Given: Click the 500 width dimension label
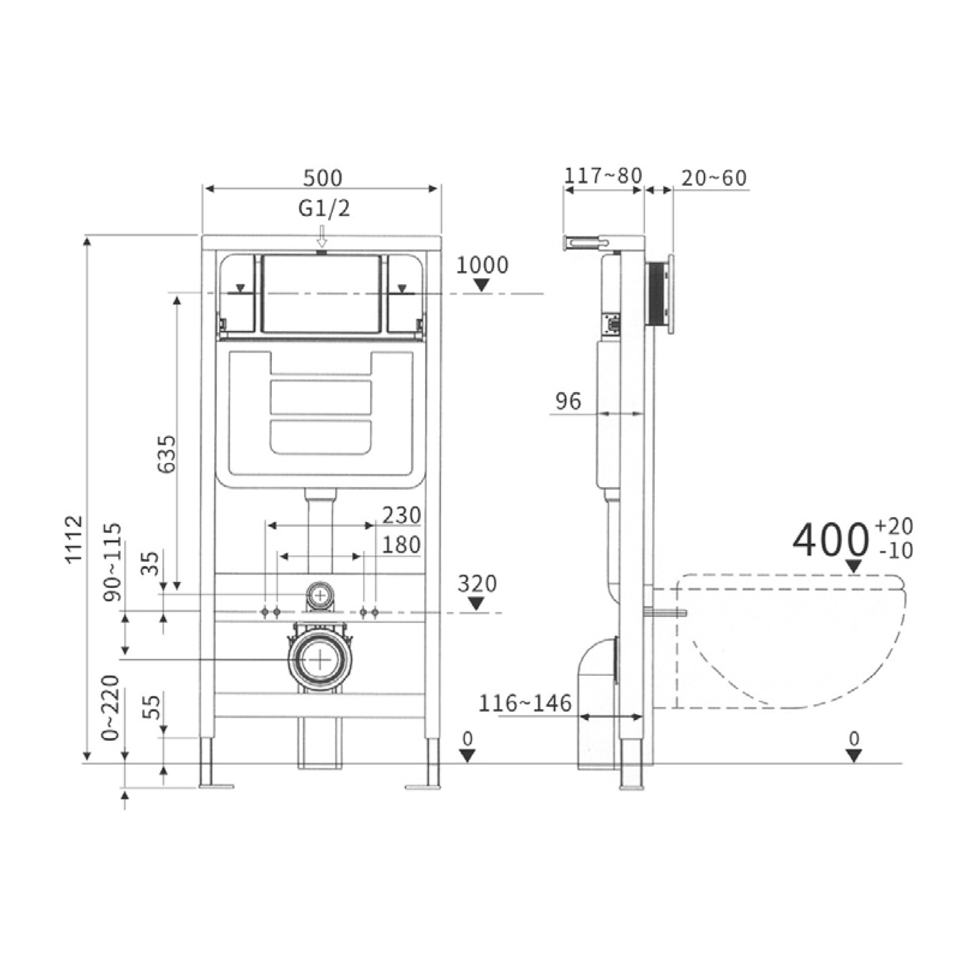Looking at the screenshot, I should click(322, 178).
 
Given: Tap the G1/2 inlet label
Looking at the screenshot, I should click(323, 209).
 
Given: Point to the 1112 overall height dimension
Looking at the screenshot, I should click(74, 539).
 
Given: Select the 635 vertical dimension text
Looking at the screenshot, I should click(167, 454).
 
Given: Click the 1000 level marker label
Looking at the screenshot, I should click(481, 266).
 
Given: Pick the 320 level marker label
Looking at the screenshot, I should click(477, 584).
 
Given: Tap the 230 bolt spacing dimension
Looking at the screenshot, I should click(401, 516).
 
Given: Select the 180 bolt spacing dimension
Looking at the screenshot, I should click(401, 545).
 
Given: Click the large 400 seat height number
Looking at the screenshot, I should click(829, 541).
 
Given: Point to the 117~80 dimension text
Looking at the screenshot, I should click(603, 176).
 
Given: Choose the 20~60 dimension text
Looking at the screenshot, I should click(714, 178).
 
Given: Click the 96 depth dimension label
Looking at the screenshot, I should click(568, 401).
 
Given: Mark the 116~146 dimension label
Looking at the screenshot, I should click(525, 704).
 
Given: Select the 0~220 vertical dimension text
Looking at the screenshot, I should click(111, 707).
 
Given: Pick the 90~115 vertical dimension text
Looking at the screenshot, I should click(112, 562).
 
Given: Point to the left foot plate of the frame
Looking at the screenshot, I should click(217, 786).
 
